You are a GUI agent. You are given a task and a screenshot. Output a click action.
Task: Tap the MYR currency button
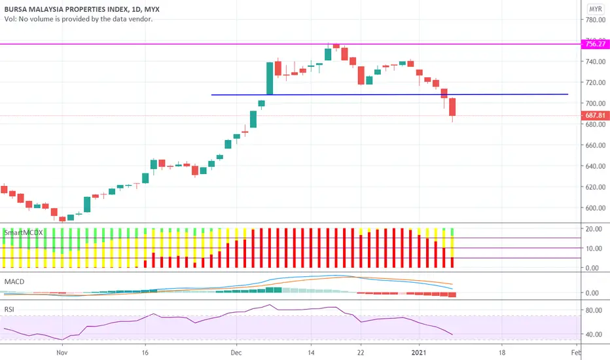[595, 9]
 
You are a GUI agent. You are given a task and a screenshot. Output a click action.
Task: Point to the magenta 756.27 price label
[594, 45]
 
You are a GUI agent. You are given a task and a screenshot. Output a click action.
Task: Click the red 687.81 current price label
[594, 116]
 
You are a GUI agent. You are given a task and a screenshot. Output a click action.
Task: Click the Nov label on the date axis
[62, 351]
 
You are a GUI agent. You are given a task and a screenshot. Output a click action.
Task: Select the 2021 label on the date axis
[418, 351]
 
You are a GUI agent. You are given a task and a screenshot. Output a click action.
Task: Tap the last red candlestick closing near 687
[452, 107]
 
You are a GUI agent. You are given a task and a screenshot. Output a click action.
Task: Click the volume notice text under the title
[79, 20]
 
